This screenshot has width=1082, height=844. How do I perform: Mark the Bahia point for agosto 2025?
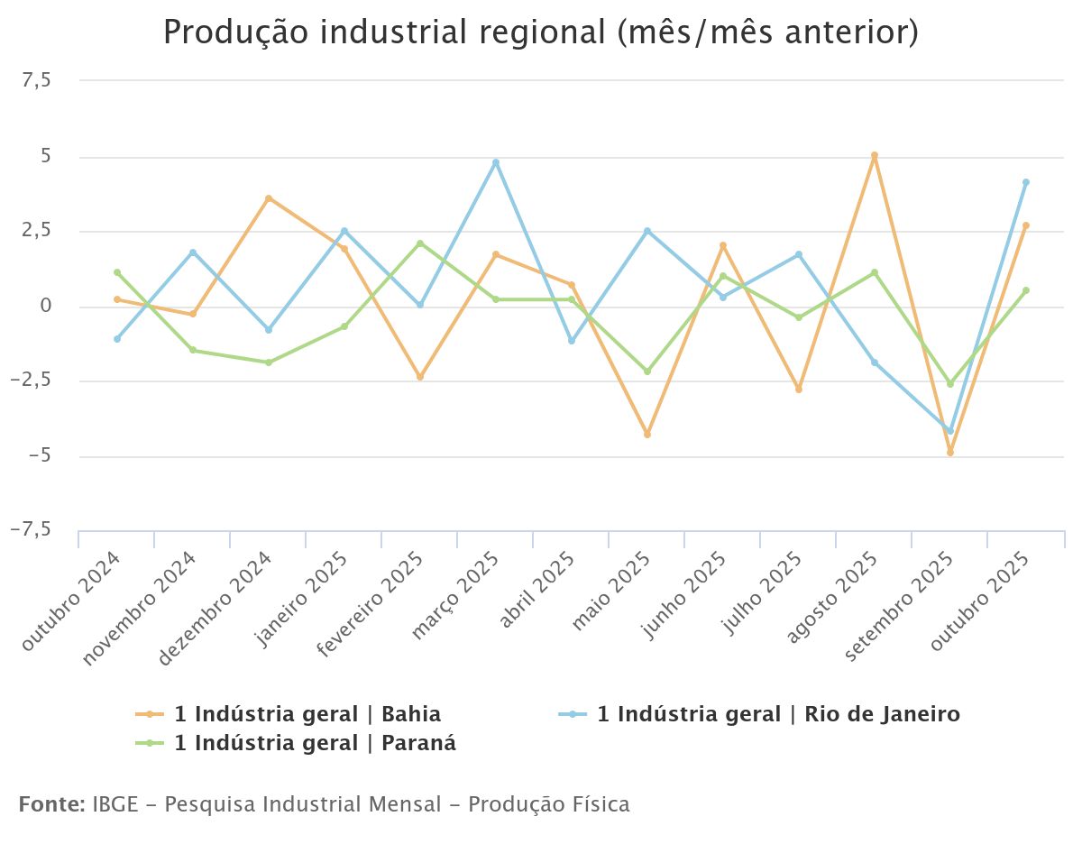pos(875,155)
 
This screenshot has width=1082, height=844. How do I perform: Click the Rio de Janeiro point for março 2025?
pos(496,162)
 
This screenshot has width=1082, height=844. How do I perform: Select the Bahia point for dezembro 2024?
pos(269,198)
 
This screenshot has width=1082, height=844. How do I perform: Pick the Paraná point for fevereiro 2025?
pos(420,243)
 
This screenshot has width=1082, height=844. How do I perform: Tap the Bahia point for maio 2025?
pos(647,435)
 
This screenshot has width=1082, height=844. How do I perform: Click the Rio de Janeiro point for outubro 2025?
pos(1026,182)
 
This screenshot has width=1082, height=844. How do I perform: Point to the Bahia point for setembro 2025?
pos(950,453)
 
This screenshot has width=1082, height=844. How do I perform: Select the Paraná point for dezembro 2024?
pos(269,362)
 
